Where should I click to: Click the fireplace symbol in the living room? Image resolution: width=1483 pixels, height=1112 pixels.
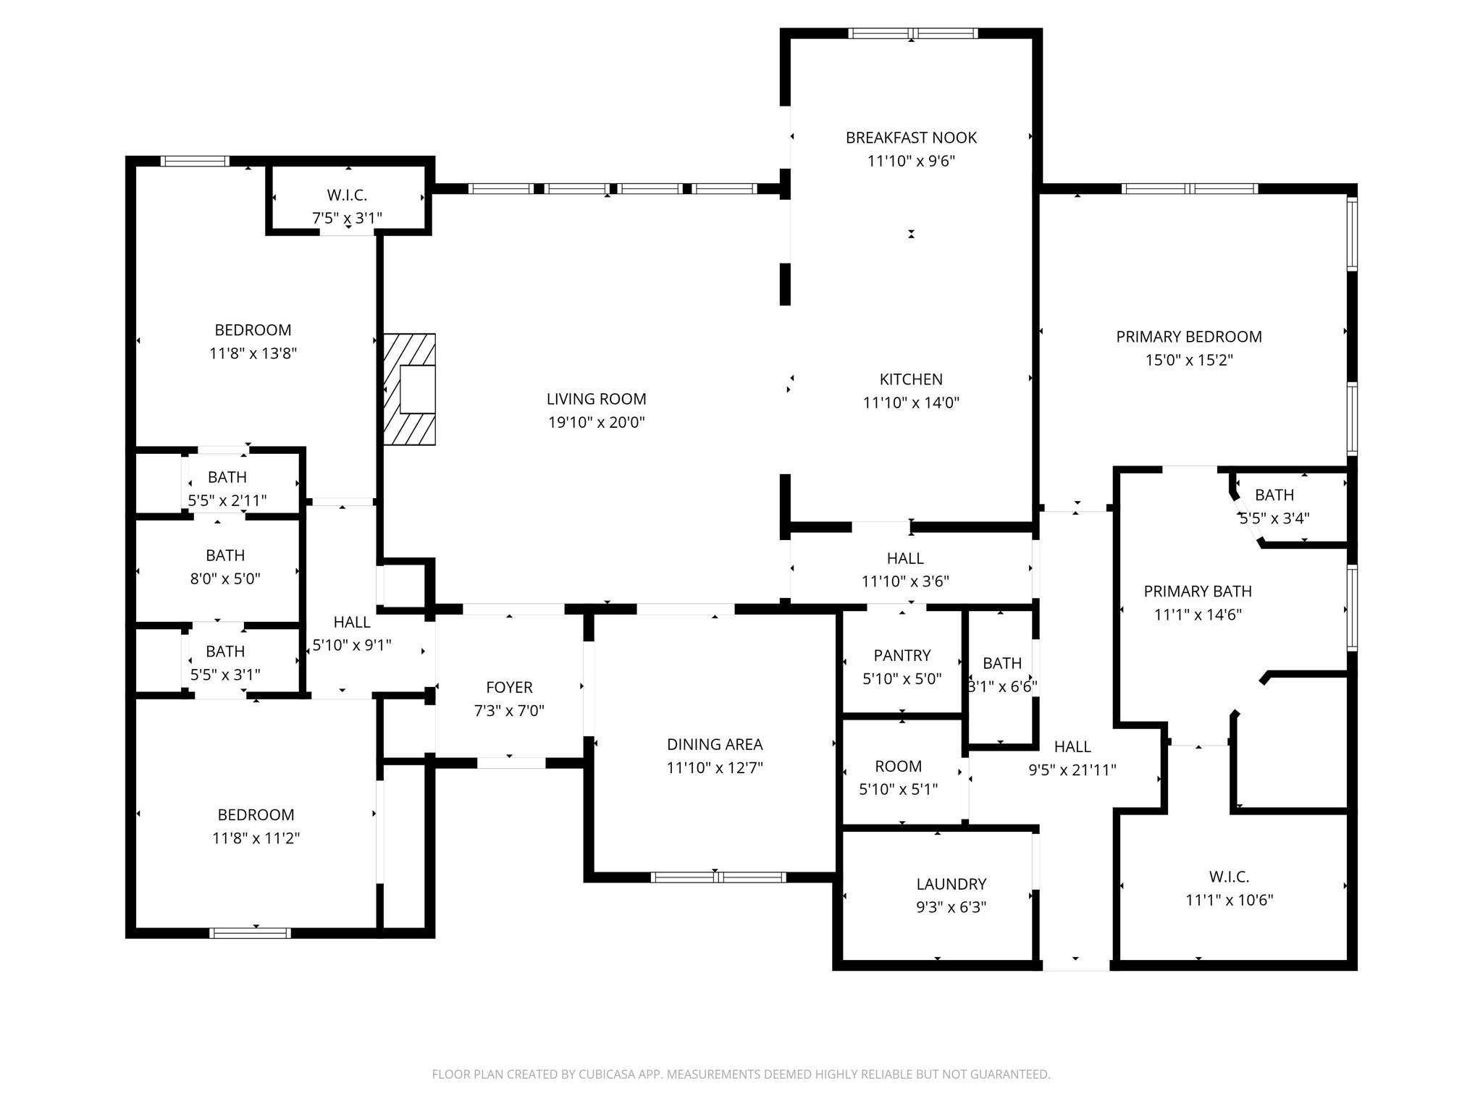[410, 389]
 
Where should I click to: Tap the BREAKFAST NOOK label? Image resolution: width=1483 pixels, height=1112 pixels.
[911, 138]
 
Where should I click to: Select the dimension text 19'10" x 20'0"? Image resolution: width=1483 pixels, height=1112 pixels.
[596, 422]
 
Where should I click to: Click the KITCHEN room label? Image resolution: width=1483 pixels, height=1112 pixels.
[911, 379]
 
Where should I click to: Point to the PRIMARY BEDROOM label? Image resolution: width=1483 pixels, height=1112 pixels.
[1188, 337]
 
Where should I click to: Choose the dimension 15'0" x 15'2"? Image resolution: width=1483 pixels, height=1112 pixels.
[1188, 360]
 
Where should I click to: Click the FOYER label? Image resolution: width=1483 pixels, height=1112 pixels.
[509, 687]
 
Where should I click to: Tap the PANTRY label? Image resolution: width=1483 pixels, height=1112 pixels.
[902, 655]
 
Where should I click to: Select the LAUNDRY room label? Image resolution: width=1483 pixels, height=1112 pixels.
[951, 884]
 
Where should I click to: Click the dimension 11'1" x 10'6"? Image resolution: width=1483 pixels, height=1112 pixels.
[1229, 900]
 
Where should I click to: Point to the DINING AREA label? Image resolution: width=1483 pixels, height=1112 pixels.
[715, 744]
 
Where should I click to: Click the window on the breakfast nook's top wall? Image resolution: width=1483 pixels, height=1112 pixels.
[912, 33]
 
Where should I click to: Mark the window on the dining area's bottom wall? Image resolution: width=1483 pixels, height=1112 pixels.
[718, 877]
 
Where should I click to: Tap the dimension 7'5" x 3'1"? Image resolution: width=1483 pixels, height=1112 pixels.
[347, 218]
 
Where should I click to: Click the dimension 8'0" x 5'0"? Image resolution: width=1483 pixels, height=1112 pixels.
[225, 578]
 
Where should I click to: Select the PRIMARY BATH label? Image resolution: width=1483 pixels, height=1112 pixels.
[1197, 591]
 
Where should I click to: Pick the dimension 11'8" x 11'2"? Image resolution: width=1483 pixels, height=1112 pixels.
[256, 838]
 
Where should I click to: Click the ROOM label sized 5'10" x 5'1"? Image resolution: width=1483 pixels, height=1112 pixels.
[898, 766]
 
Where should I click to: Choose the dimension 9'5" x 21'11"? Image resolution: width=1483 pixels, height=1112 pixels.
[1072, 770]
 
